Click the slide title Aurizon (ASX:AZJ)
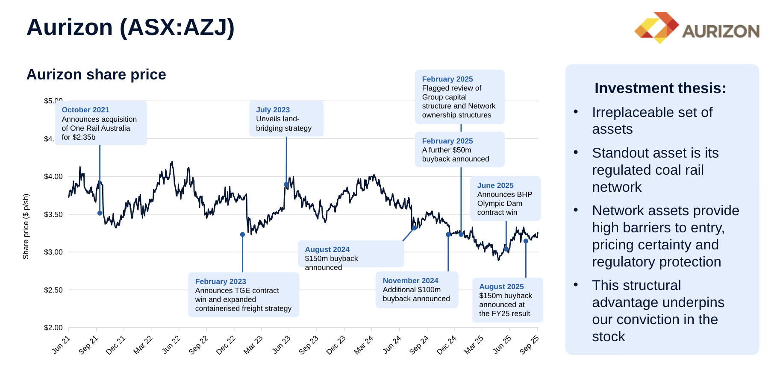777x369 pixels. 130,27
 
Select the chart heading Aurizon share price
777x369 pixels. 96,74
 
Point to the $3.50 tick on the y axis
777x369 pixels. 53,214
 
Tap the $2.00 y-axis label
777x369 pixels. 53,328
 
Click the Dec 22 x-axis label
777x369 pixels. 226,345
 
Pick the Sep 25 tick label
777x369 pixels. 529,345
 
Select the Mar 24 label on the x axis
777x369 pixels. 363,345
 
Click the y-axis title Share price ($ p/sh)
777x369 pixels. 26,226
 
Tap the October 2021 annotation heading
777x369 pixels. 85,110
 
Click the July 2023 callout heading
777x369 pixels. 273,110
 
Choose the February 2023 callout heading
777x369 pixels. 221,281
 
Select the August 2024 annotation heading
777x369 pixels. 327,249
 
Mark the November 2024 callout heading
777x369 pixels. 410,281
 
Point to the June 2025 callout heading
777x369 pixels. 495,185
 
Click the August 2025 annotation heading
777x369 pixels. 501,287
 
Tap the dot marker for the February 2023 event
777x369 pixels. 242,234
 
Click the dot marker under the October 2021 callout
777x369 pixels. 100,213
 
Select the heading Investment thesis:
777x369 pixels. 660,88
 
